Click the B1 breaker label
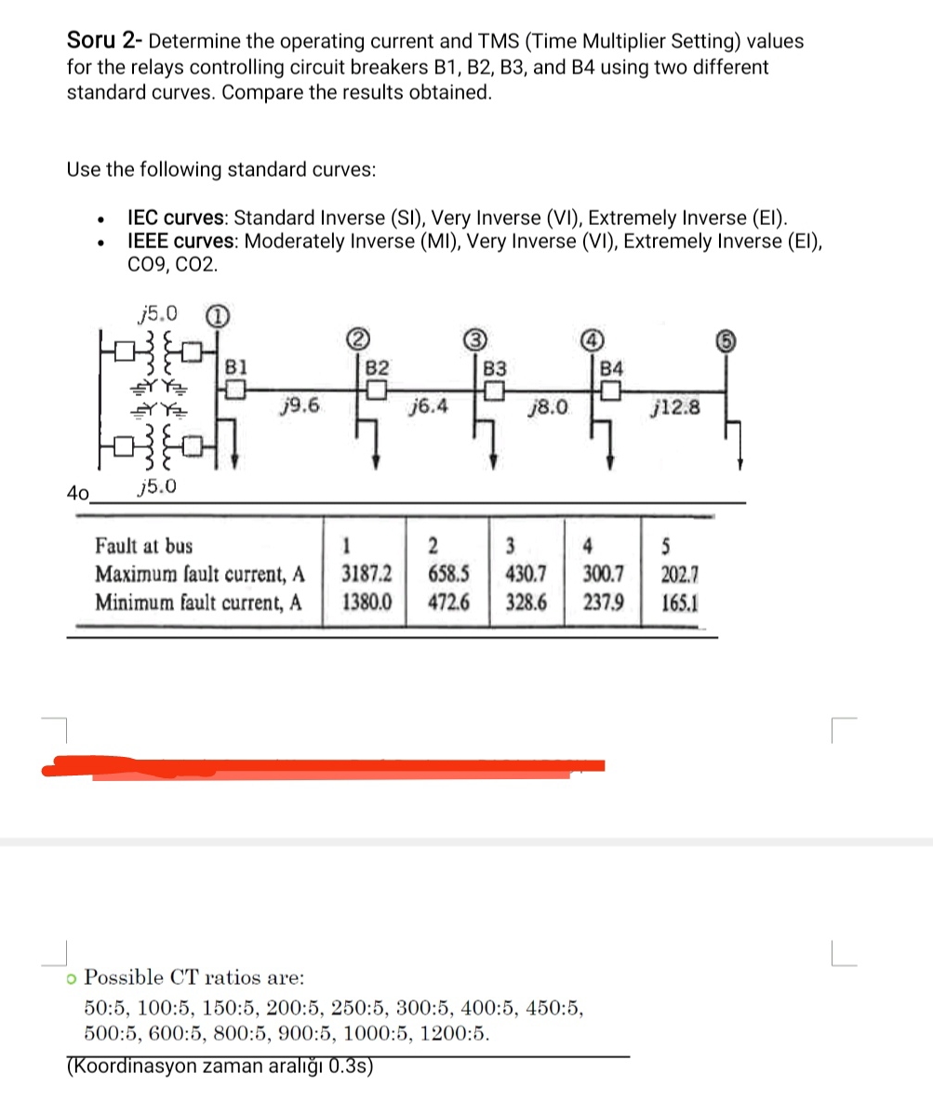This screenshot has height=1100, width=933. point(236,364)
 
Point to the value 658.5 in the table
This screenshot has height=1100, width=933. point(447,572)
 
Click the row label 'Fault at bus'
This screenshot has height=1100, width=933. point(144,545)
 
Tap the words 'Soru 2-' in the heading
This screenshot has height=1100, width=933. point(104,41)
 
